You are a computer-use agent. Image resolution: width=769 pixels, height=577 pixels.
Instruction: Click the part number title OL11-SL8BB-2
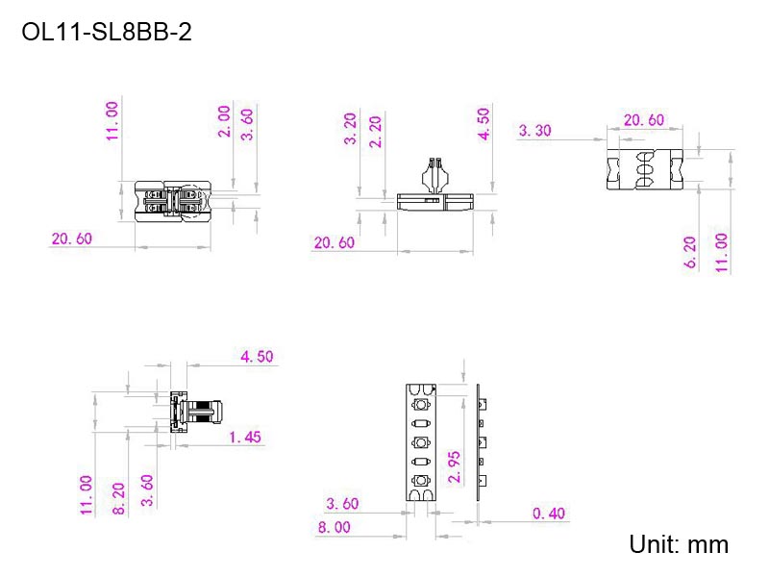[107, 33]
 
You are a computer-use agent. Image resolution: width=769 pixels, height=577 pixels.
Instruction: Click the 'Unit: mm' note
[679, 544]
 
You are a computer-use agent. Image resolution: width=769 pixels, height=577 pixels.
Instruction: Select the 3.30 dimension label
[534, 131]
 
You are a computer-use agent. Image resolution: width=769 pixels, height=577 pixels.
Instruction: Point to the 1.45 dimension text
[245, 437]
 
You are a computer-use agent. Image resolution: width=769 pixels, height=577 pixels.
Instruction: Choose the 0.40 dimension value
[549, 513]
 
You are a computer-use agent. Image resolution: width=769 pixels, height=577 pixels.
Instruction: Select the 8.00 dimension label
[334, 527]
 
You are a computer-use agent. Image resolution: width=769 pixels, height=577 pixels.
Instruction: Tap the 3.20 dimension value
[350, 129]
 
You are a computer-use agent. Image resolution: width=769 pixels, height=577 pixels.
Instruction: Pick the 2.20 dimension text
[375, 131]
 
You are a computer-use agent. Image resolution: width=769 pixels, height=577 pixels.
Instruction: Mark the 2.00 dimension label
[224, 121]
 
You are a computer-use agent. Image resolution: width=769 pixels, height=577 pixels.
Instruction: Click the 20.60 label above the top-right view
[643, 120]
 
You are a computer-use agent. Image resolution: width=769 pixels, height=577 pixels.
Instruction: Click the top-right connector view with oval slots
[645, 170]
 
